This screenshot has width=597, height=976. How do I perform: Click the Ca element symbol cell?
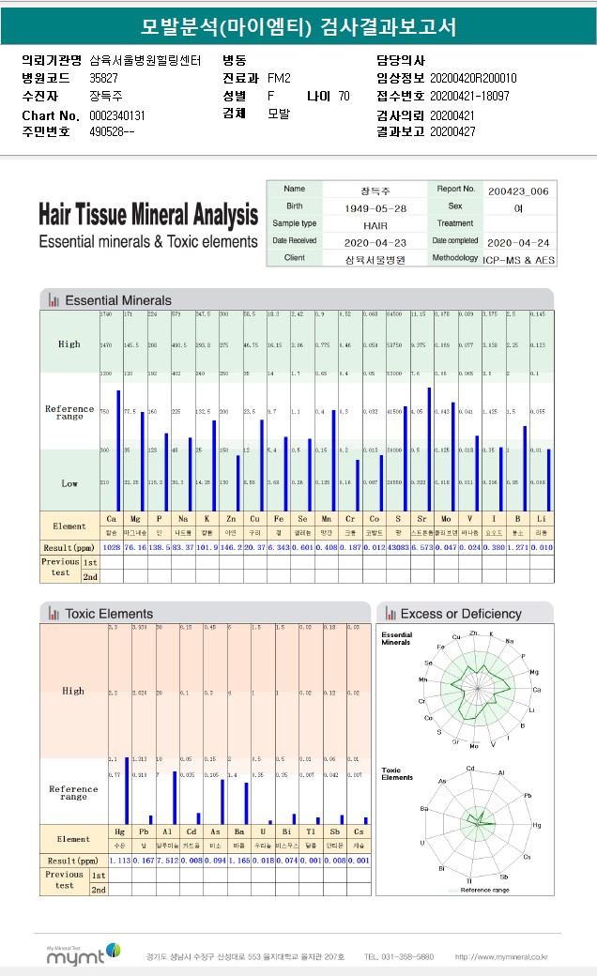coord(112,518)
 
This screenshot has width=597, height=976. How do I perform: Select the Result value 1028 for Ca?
coord(112,547)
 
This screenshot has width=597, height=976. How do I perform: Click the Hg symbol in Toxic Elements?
coord(119,831)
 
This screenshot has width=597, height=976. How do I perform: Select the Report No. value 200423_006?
coord(518,189)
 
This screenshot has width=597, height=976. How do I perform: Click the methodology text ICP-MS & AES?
coord(519,257)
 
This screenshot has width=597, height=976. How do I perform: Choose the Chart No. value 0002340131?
coord(117,114)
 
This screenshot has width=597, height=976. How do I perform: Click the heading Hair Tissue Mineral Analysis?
coord(148,215)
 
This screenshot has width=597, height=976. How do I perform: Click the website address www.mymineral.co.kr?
coord(501,957)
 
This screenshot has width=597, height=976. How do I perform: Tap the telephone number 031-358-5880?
coord(399,957)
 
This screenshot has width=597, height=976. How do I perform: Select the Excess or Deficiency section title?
coord(460,614)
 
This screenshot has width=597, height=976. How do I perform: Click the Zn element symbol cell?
coord(230,518)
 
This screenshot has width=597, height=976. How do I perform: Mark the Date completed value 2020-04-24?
coord(519,240)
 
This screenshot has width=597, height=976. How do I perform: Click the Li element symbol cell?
coord(541,518)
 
